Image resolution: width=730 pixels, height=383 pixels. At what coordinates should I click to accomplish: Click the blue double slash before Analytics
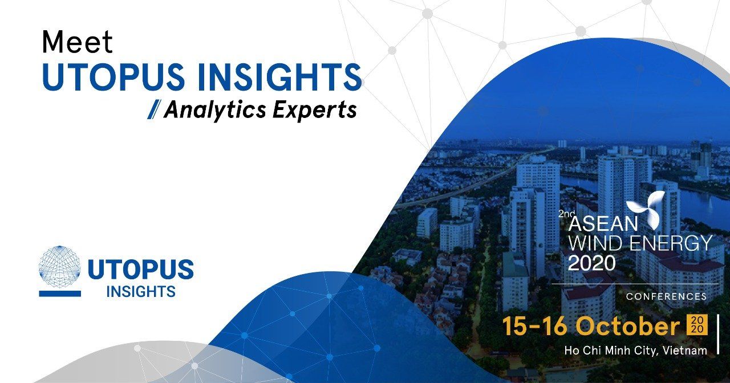coord(153,109)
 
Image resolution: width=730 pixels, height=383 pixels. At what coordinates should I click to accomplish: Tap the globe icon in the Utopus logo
coord(59,266)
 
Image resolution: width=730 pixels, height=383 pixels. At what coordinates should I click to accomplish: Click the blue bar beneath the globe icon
coord(59,294)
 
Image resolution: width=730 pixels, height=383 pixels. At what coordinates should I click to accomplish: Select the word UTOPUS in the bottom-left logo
coord(140,269)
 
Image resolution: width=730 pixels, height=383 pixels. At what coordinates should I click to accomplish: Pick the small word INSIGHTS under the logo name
coord(140,292)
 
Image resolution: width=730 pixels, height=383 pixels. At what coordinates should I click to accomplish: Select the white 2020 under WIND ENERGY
coord(591,263)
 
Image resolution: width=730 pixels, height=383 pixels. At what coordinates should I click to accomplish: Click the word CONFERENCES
coord(666,296)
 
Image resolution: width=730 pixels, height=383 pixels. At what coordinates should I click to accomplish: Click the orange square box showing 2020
coord(698,325)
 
